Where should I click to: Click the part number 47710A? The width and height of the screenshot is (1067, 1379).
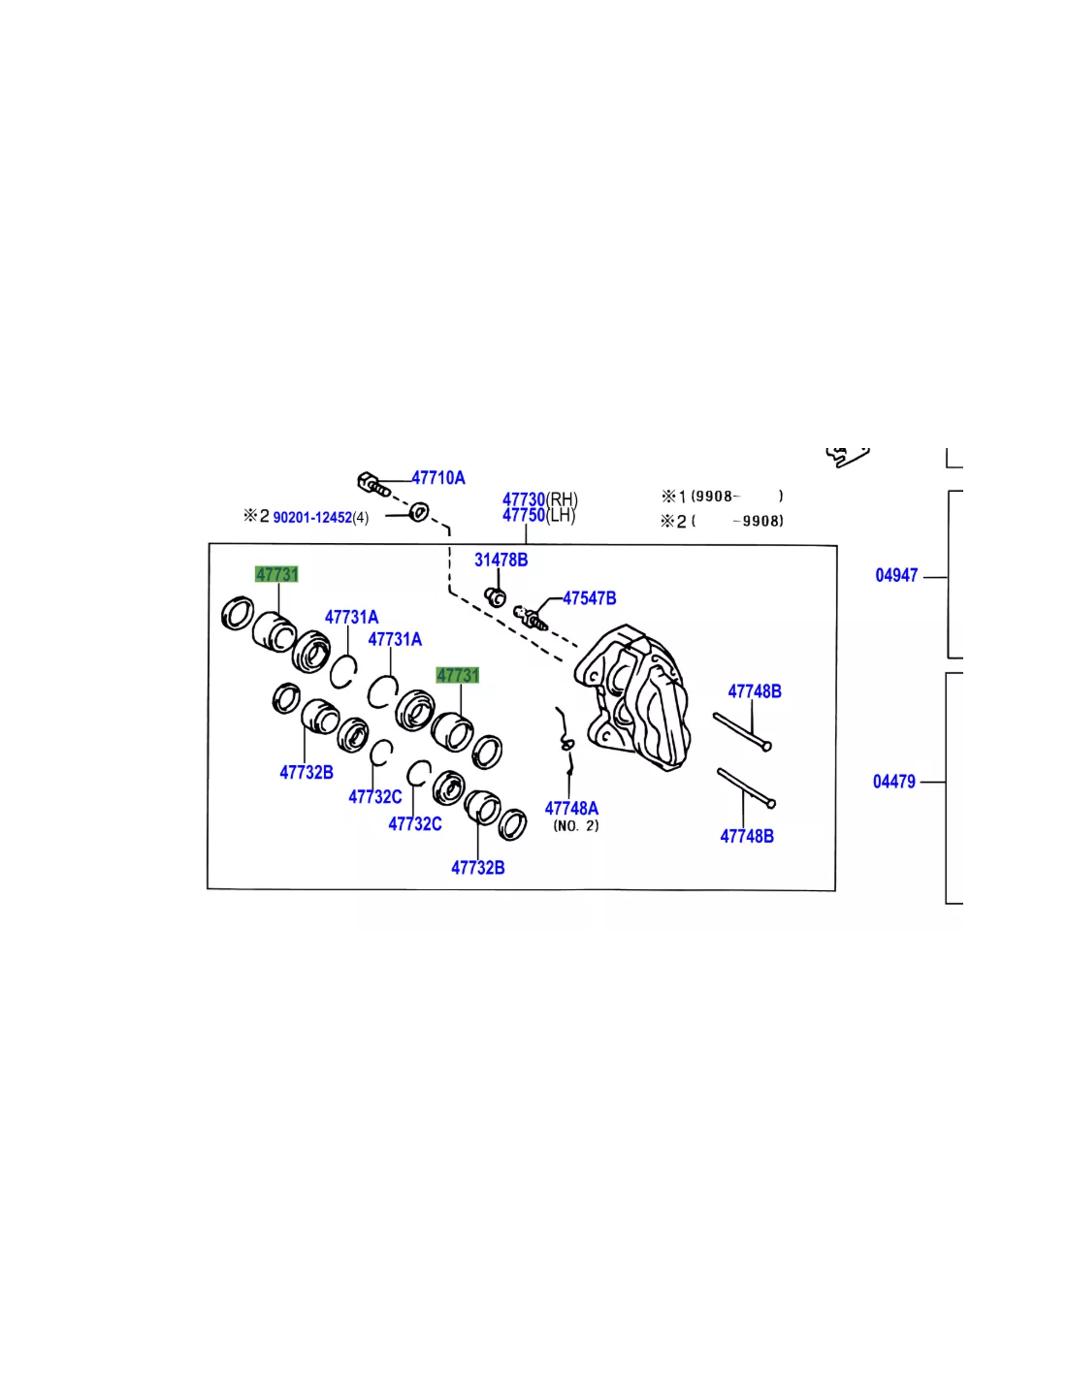[x=437, y=477]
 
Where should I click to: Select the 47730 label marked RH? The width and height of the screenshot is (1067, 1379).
[x=524, y=498]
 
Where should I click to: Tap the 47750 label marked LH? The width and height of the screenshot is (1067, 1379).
[x=524, y=515]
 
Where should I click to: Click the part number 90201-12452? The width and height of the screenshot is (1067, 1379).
[x=312, y=517]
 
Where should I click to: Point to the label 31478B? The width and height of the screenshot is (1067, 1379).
[x=501, y=560]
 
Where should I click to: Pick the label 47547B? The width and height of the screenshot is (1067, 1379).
[x=589, y=597]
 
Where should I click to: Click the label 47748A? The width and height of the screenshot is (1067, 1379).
[x=571, y=808]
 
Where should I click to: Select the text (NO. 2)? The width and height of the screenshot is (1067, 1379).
[x=576, y=825]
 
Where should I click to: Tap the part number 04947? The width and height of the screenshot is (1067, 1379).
[x=896, y=575]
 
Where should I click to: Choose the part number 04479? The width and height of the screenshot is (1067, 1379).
[x=893, y=782]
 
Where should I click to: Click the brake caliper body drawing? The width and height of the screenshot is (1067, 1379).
[x=633, y=697]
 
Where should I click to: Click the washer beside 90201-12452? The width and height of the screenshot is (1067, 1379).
[x=419, y=511]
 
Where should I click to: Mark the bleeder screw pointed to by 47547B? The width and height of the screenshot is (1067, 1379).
[x=530, y=618]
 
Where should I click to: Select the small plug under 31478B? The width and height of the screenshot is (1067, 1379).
[x=495, y=596]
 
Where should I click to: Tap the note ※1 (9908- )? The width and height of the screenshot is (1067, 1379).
[x=722, y=496]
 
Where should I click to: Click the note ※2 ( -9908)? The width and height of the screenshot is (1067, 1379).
[x=722, y=521]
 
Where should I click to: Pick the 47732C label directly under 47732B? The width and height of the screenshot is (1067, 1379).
[x=374, y=796]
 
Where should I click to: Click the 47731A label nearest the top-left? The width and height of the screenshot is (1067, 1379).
[x=352, y=616]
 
